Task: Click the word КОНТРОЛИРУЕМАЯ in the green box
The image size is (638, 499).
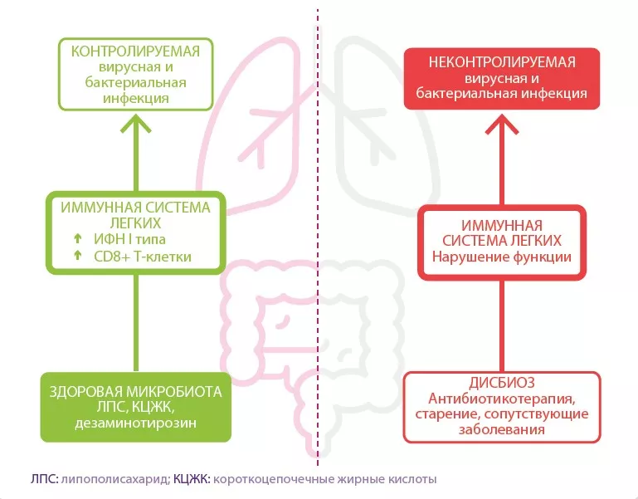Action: pos(135,51)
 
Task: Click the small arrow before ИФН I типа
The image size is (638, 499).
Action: pos(76,239)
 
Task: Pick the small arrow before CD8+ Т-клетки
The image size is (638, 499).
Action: pos(76,256)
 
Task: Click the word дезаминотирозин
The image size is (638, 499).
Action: pos(135,423)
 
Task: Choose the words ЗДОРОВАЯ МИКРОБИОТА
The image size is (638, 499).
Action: pos(135,392)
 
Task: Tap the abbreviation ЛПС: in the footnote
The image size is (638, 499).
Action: pos(43,479)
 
